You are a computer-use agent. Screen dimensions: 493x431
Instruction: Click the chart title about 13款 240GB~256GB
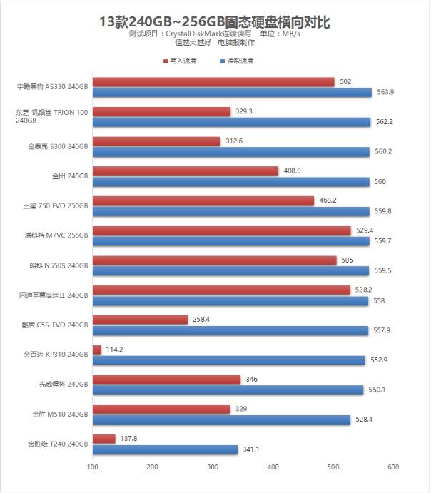215,21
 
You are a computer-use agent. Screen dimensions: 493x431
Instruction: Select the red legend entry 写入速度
179,61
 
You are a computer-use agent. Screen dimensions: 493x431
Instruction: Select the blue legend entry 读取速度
239,61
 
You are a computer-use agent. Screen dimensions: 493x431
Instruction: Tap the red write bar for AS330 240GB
213,82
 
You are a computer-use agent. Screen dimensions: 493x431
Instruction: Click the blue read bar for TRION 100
232,122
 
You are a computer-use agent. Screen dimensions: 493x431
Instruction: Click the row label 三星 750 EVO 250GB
56,206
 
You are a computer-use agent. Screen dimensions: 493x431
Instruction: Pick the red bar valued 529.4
222,230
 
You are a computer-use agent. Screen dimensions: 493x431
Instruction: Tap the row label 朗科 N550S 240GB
54,265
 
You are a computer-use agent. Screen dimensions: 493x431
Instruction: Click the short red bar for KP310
97,350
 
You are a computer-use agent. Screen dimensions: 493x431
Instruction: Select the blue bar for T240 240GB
165,449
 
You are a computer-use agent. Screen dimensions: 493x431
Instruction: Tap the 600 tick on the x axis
392,467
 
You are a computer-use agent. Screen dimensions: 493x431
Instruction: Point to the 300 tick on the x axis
213,467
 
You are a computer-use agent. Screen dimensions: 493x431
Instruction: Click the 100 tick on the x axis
93,467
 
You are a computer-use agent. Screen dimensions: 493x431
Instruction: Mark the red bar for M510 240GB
161,409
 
